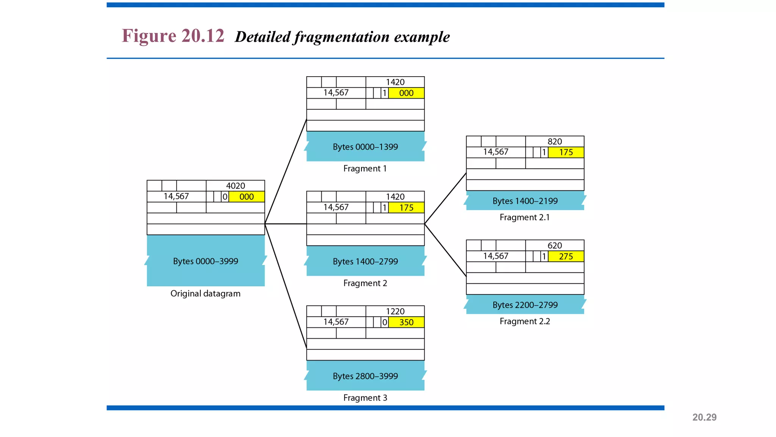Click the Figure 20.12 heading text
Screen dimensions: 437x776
tap(173, 36)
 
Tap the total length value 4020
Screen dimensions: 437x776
tap(235, 186)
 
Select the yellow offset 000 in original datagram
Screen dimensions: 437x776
tap(246, 197)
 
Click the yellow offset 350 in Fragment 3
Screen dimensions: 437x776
tap(406, 322)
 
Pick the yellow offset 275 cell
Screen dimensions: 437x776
tap(566, 256)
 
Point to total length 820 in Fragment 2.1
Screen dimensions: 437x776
tap(554, 141)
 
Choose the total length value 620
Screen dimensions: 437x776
tap(554, 245)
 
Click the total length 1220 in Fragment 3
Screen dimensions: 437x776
tap(395, 311)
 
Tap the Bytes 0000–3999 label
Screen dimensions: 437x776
tap(205, 261)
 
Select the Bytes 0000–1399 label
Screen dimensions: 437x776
tap(365, 147)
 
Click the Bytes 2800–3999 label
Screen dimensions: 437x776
tap(365, 376)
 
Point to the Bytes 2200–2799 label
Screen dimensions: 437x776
tap(525, 305)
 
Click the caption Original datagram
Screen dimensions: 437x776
tap(205, 294)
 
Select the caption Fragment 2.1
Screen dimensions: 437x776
tap(524, 217)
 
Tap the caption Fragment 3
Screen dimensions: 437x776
tap(365, 398)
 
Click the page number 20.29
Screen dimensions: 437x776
tap(704, 417)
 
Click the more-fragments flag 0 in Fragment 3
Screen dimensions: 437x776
tap(384, 322)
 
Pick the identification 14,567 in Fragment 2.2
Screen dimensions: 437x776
tap(496, 256)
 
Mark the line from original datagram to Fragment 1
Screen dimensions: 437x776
tap(285, 172)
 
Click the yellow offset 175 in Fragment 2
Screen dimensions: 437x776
tap(406, 208)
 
